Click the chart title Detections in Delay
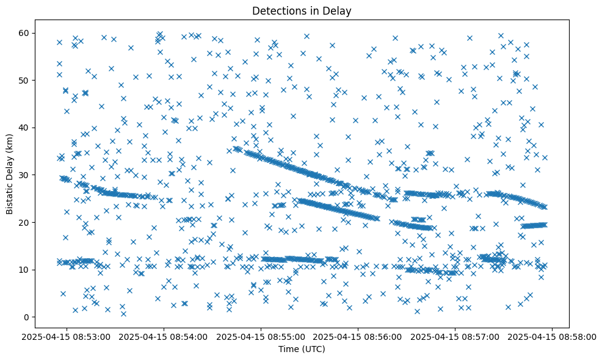(x=302, y=10)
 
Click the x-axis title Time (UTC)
(x=302, y=349)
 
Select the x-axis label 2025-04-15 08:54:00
(x=164, y=337)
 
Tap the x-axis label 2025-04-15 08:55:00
(x=261, y=337)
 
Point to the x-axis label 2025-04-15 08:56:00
(x=358, y=337)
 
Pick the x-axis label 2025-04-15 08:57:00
(x=455, y=337)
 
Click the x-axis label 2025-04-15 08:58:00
(x=553, y=337)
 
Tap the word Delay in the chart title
(x=339, y=10)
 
